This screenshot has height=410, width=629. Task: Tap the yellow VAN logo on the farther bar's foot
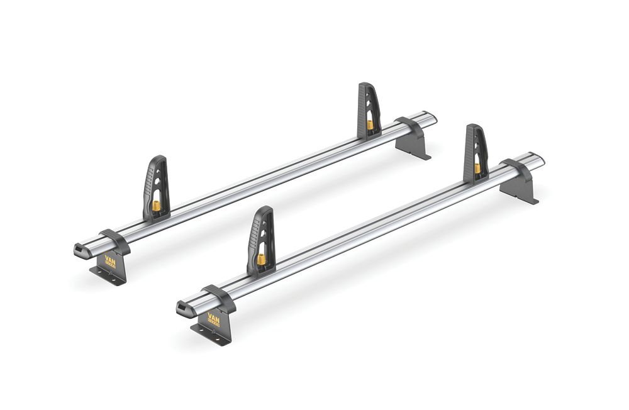pos(110,260)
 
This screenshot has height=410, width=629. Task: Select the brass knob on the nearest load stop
pos(260,258)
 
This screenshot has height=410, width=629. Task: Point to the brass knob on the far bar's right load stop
pos(370,125)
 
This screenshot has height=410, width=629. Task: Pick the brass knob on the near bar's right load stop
pos(477,168)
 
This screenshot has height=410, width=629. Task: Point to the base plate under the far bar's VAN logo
pos(107,276)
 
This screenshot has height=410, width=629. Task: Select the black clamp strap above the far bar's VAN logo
pos(114,238)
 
